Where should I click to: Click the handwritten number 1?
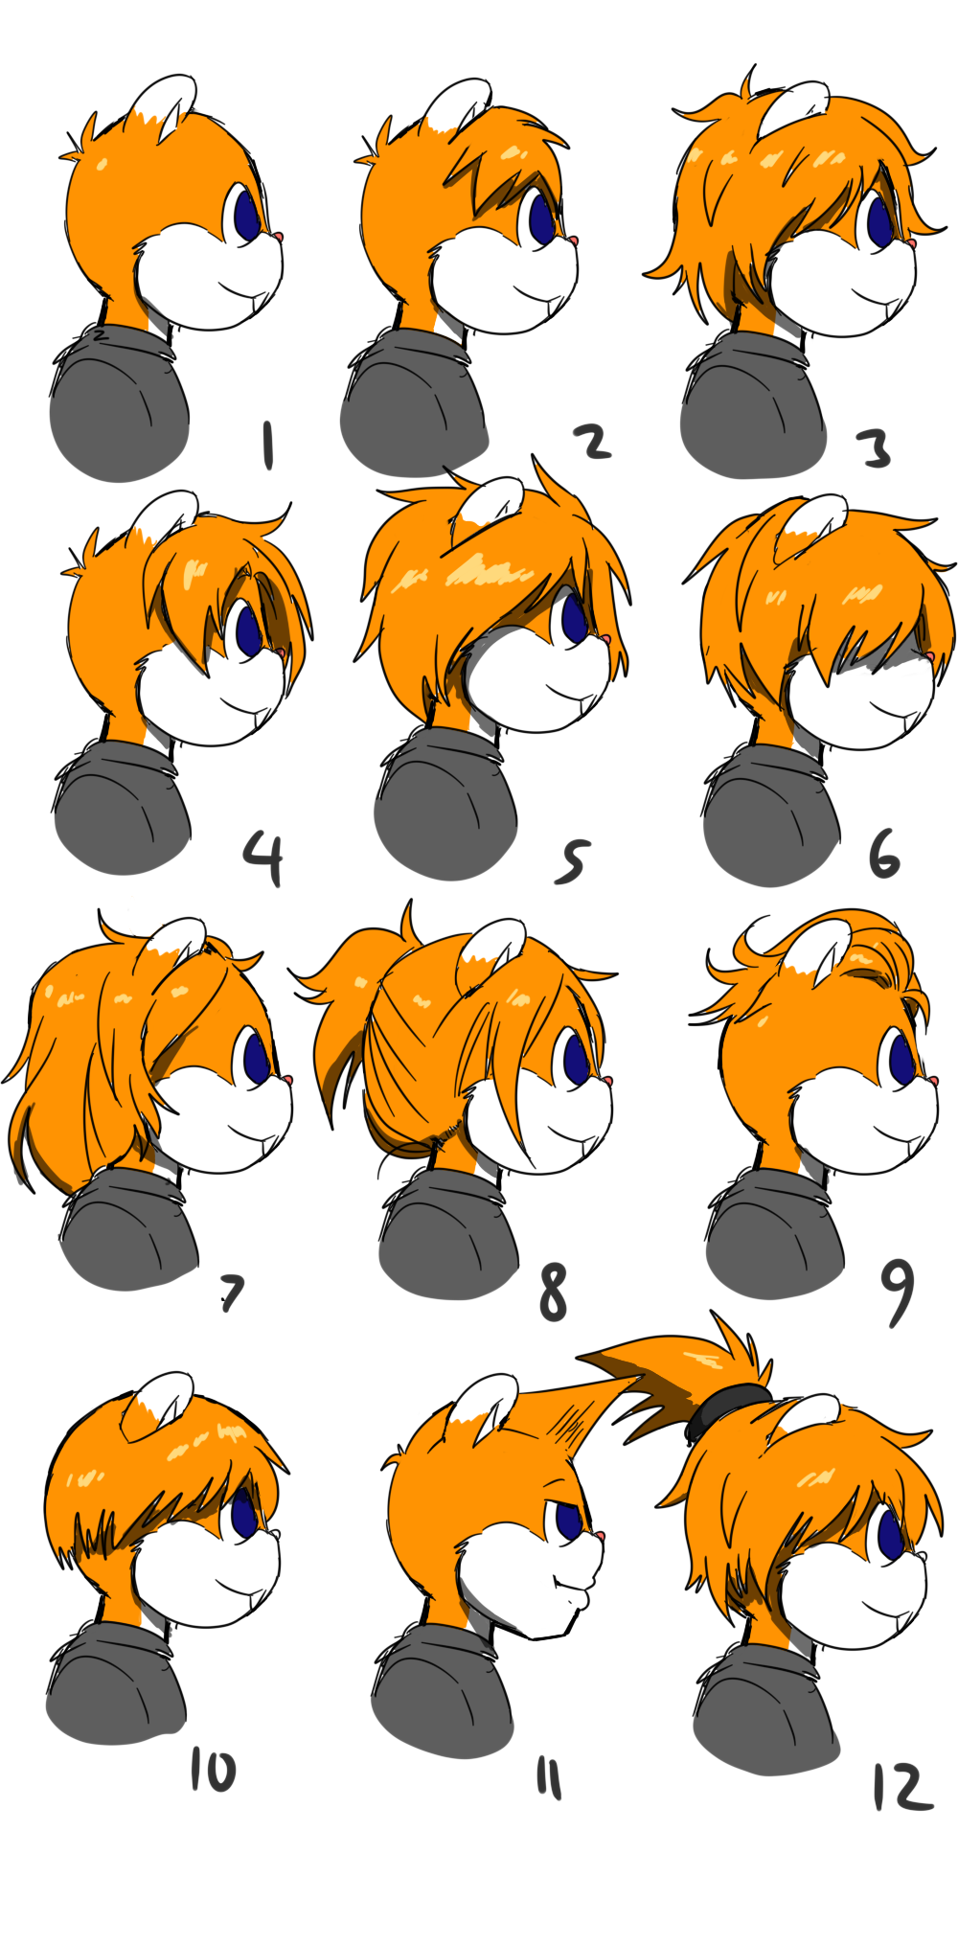point(268,446)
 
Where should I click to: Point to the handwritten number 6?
point(884,855)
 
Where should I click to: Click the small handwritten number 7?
point(232,1293)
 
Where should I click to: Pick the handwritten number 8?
point(554,1293)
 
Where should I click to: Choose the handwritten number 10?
point(213,1771)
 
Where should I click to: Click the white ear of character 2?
point(458,105)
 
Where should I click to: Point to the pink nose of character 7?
point(286,1080)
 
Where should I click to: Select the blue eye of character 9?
point(902,1058)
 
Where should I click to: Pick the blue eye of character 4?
point(249,629)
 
